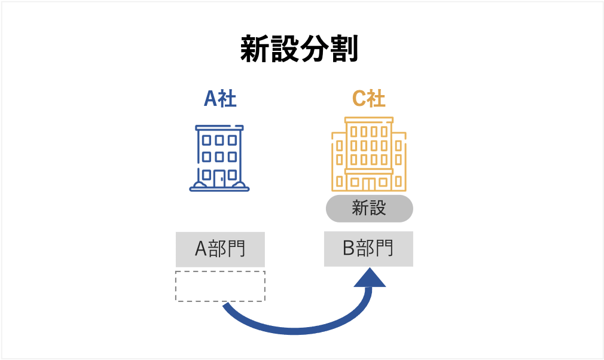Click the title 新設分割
coord(299,50)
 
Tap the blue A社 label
coord(220,99)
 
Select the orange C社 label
coord(368,99)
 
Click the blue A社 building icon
coord(219,158)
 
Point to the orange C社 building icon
coord(368,154)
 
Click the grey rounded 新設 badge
coord(369,208)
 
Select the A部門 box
coord(220,249)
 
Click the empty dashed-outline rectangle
coord(220,286)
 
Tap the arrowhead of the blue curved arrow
coord(370,278)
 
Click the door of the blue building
coord(219,178)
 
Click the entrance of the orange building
coord(368,183)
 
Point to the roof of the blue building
coord(219,127)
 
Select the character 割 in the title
coord(343,50)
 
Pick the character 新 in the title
coord(255,50)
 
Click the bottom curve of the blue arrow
coord(293,331)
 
